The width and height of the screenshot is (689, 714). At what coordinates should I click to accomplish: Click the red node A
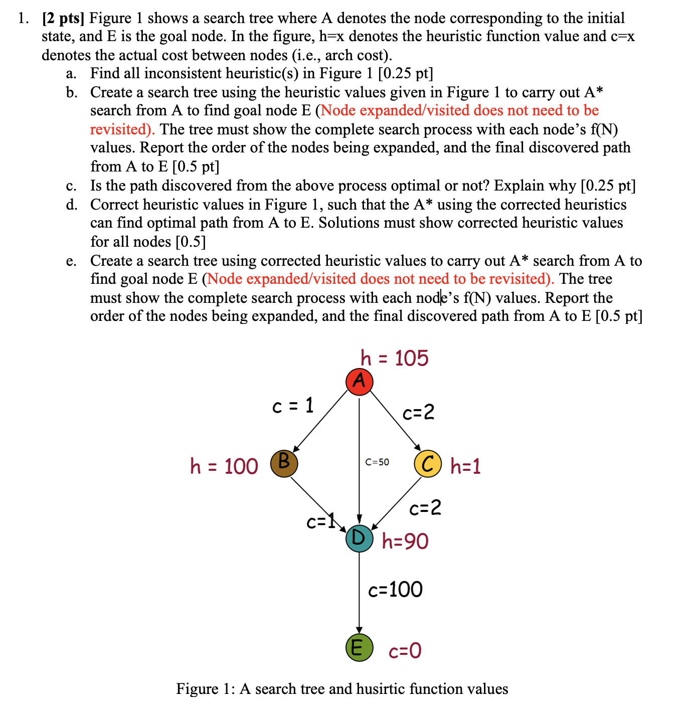(359, 382)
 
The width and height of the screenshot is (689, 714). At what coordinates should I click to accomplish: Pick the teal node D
(359, 539)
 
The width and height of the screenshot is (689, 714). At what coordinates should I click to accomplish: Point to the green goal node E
(359, 647)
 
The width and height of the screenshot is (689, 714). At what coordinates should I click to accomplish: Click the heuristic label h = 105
(394, 359)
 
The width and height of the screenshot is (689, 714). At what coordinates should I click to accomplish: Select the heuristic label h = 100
(224, 466)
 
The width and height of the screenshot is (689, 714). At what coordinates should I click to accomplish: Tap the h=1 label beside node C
(465, 466)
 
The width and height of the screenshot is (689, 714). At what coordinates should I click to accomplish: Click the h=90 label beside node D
(405, 542)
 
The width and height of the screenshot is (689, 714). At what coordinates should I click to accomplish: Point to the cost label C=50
(377, 462)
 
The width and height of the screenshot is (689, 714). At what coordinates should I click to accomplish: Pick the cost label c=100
(395, 590)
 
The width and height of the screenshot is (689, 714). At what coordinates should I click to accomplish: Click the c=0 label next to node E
(405, 651)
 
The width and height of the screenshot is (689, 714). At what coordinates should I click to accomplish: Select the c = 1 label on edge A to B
(293, 405)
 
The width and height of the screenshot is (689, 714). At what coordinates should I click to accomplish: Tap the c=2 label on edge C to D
(425, 508)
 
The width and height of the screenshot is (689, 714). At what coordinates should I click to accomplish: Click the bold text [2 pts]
(64, 19)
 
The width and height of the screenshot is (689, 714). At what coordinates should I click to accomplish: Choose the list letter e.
(71, 261)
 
